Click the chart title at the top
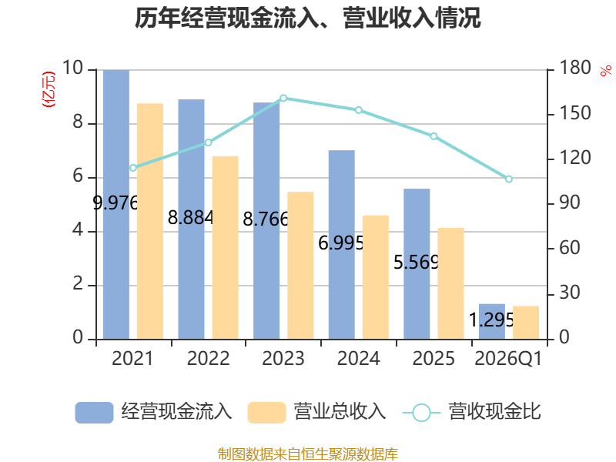pyautogui.click(x=307, y=18)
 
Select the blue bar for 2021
pyautogui.click(x=116, y=204)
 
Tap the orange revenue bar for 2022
pyautogui.click(x=225, y=247)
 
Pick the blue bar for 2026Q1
pyautogui.click(x=492, y=321)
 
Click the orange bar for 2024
pyautogui.click(x=376, y=277)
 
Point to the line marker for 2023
pyautogui.click(x=283, y=99)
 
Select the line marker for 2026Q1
pyautogui.click(x=509, y=179)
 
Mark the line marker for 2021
pyautogui.click(x=133, y=168)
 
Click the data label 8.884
pyautogui.click(x=190, y=218)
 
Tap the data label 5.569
pyautogui.click(x=416, y=262)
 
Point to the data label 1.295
pyautogui.click(x=491, y=320)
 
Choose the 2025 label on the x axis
pyautogui.click(x=434, y=358)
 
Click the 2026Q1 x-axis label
pyautogui.click(x=508, y=358)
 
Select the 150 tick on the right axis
pyautogui.click(x=574, y=113)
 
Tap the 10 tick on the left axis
pyautogui.click(x=72, y=68)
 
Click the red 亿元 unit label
pyautogui.click(x=49, y=89)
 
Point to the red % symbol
pyautogui.click(x=606, y=71)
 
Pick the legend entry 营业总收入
pyautogui.click(x=316, y=412)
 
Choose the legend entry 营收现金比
pyautogui.click(x=471, y=412)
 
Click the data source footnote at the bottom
pyautogui.click(x=307, y=454)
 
